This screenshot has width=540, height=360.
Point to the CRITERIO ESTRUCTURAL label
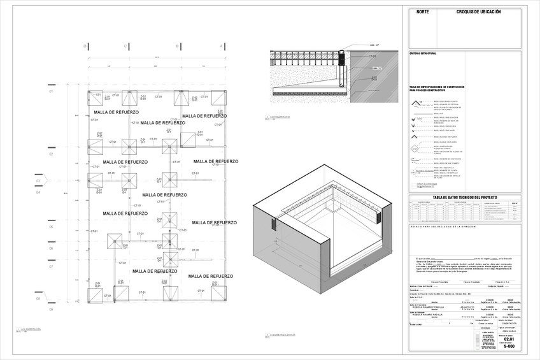(x=423, y=54)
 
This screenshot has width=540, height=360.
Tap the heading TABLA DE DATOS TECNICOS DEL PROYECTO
(x=465, y=198)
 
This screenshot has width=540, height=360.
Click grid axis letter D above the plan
(x=85, y=46)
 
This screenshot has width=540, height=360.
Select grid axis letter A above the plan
(x=221, y=46)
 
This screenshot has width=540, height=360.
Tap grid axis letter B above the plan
(x=178, y=46)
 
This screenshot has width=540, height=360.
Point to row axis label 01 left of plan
(x=51, y=91)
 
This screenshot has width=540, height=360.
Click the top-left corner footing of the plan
(x=95, y=99)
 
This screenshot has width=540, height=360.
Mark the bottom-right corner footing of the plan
(x=219, y=293)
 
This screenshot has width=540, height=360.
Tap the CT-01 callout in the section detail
(x=371, y=56)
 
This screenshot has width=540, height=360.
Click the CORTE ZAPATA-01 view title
(x=280, y=117)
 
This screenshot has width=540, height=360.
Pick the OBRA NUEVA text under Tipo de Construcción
(x=508, y=331)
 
